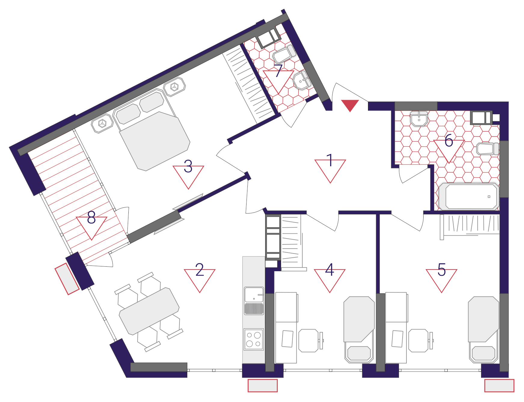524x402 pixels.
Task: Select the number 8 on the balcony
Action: tap(91, 217)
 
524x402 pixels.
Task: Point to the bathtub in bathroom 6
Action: tap(469, 196)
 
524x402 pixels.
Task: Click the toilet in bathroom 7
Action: tap(284, 54)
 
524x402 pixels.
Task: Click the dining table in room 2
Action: tap(149, 311)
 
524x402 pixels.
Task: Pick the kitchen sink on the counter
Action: tap(254, 301)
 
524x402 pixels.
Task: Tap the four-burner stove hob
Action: tap(254, 339)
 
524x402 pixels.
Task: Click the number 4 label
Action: tap(330, 269)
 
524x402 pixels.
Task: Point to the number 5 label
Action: tap(442, 269)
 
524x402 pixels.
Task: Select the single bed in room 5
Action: tap(483, 330)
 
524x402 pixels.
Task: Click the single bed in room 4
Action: tap(359, 330)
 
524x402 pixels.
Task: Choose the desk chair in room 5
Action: tap(421, 341)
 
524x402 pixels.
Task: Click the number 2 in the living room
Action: tap(200, 269)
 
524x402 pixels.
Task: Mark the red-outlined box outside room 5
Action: tap(499, 386)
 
